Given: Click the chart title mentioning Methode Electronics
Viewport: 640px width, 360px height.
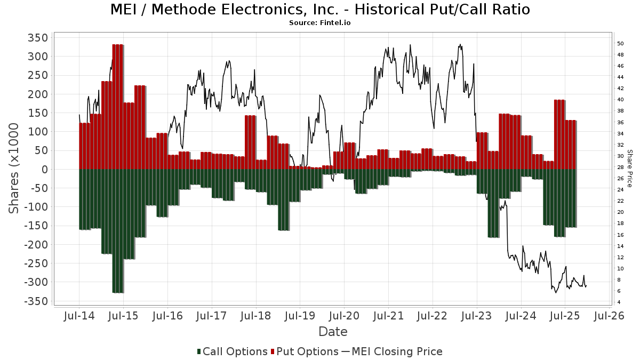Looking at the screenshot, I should (320, 10).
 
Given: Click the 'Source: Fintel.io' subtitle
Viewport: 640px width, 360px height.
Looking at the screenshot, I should (320, 23).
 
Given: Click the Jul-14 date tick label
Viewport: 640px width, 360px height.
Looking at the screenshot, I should (79, 316).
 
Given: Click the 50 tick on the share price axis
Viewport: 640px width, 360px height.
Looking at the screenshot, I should (620, 43).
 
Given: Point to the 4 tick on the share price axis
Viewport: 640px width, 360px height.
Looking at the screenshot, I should (619, 302).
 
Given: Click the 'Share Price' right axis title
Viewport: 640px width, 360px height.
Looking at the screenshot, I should (630, 168).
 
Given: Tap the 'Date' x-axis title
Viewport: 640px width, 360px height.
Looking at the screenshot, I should (333, 332).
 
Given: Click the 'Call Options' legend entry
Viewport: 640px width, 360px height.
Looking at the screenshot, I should (232, 351).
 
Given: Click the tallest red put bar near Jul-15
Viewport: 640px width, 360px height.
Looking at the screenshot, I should (118, 107).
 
